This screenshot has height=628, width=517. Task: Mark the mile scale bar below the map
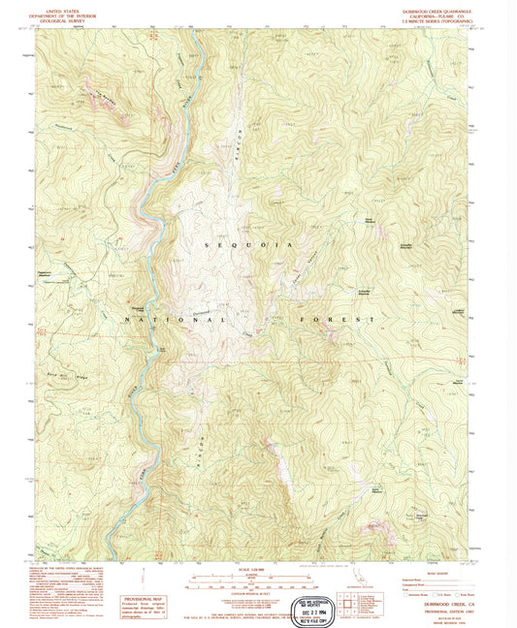coord(256,581)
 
